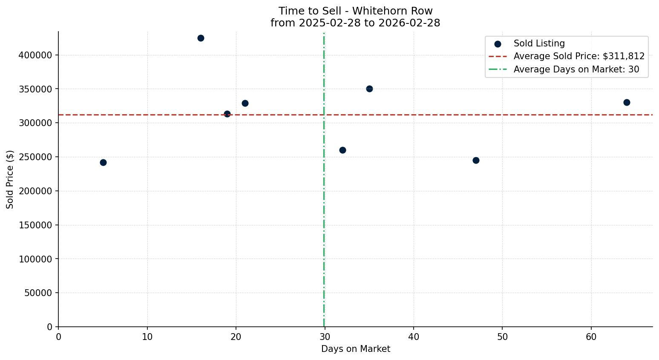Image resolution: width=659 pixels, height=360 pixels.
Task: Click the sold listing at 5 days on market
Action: (x=103, y=162)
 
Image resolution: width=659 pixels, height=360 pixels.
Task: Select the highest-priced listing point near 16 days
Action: (x=201, y=38)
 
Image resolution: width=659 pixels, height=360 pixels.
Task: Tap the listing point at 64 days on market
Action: (x=627, y=102)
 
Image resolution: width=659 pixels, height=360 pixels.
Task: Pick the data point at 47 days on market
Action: (x=476, y=160)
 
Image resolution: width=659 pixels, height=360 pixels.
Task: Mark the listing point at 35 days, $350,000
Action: (x=369, y=89)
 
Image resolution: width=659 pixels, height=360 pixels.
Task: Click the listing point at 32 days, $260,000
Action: (x=342, y=150)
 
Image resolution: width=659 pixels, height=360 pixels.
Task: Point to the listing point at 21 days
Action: (x=245, y=103)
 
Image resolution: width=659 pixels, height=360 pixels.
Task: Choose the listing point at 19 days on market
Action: (x=227, y=114)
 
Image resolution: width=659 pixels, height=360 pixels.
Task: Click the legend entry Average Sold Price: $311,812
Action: (x=579, y=56)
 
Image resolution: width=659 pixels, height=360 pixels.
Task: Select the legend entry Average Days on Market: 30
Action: (x=576, y=69)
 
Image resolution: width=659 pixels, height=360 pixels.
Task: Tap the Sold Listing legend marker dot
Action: (x=498, y=44)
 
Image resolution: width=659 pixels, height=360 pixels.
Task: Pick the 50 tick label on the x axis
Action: (x=502, y=337)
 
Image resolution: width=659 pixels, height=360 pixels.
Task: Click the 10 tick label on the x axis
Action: (x=147, y=337)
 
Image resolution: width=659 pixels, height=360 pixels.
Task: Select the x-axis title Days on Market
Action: (x=355, y=349)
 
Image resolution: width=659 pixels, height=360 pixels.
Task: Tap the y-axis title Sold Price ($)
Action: (x=10, y=179)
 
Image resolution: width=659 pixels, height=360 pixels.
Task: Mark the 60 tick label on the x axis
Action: (x=591, y=337)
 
